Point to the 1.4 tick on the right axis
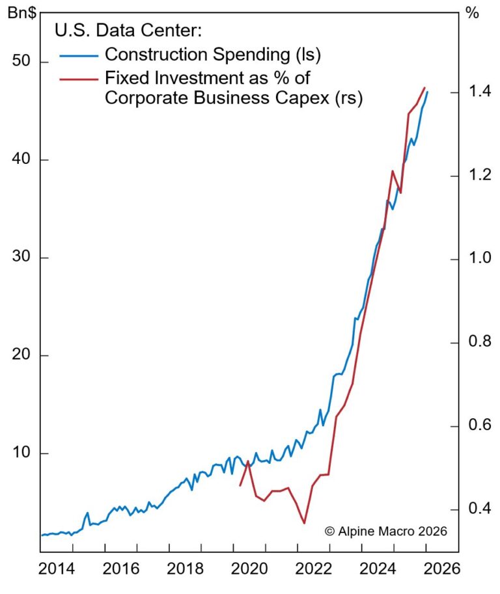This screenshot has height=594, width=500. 477,92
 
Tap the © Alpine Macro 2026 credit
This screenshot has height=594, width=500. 386,531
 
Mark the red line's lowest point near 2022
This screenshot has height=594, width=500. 304,522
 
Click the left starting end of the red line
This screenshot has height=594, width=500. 240,485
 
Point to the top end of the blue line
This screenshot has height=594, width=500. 427,92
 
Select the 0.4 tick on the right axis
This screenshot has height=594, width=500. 477,508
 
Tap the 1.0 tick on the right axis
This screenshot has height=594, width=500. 477,259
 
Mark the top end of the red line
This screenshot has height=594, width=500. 424,88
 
